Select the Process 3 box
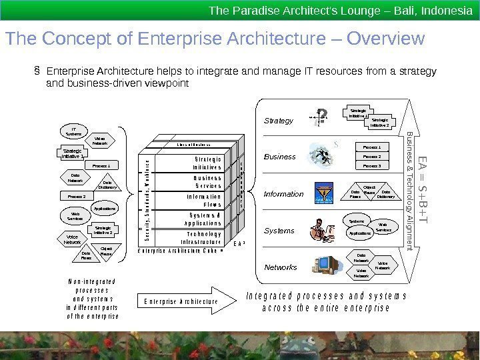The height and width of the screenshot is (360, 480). click(371, 165)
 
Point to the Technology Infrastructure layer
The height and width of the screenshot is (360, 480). click(203, 238)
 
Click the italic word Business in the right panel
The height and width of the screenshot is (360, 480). click(280, 157)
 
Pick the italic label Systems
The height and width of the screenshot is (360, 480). click(279, 231)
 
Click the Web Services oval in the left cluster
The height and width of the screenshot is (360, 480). click(75, 216)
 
